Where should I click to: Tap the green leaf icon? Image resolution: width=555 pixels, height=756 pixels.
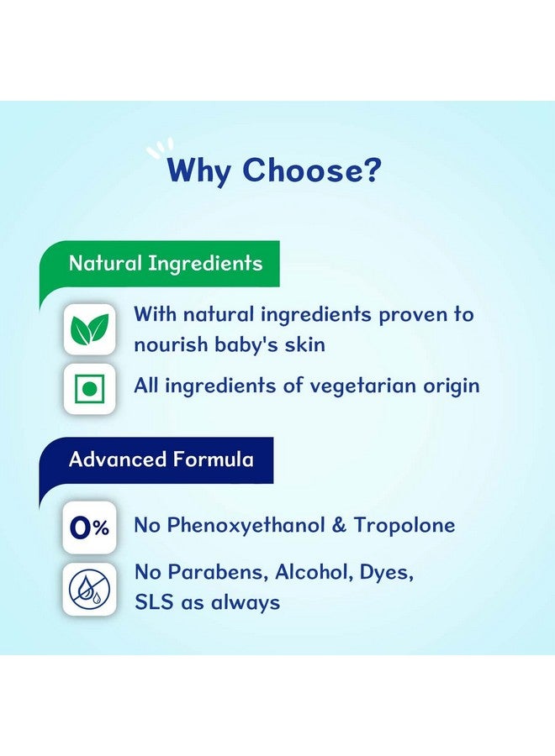89,329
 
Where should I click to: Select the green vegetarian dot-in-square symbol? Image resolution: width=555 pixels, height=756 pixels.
89,389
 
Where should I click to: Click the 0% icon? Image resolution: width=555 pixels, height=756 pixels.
89,528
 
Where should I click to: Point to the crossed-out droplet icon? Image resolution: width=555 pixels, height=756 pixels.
89,589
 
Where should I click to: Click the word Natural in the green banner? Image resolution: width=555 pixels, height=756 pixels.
105,263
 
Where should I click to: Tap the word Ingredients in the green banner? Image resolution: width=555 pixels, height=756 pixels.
205,264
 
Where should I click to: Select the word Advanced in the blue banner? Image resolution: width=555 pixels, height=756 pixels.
117,459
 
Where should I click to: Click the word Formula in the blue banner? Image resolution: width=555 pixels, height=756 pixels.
213,459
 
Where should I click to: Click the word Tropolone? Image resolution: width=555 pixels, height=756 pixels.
404,525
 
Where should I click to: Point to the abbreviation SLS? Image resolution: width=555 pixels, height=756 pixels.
154,602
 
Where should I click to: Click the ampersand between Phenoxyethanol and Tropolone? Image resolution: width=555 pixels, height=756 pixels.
339,525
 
